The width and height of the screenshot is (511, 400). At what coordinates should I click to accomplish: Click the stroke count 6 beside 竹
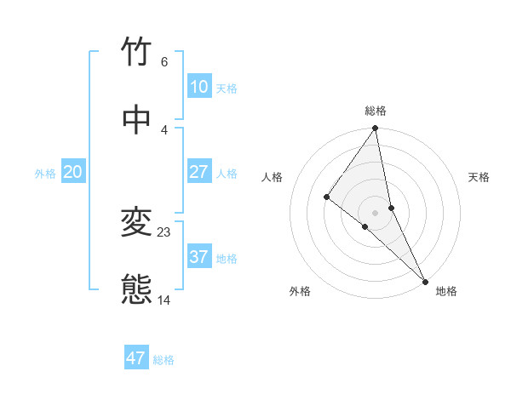click(x=164, y=62)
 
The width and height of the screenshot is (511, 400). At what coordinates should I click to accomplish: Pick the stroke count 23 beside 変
click(x=164, y=231)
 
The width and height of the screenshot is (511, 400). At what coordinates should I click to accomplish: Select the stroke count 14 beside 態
click(x=164, y=300)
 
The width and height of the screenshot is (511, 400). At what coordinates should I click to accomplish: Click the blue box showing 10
click(x=198, y=87)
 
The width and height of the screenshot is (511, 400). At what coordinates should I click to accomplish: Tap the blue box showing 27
click(x=198, y=172)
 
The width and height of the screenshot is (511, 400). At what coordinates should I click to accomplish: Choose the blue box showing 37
click(x=198, y=257)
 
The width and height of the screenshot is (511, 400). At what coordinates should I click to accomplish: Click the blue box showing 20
click(x=72, y=172)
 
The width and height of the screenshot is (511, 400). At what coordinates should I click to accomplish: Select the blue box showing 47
click(x=136, y=358)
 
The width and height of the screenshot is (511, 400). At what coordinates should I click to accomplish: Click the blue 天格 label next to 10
click(x=227, y=89)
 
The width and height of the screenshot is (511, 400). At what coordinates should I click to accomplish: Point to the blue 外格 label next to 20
click(x=45, y=174)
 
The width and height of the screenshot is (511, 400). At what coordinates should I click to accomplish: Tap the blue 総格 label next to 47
click(x=164, y=360)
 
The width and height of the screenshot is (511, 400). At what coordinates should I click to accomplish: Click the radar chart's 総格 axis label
click(x=376, y=111)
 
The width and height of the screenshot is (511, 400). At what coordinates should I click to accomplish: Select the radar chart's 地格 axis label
click(x=446, y=291)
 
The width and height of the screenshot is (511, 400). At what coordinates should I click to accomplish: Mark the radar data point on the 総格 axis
click(x=376, y=129)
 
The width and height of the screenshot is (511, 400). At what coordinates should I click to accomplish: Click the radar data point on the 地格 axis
click(x=424, y=279)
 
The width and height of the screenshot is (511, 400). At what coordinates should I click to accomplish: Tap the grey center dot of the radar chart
click(x=376, y=212)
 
